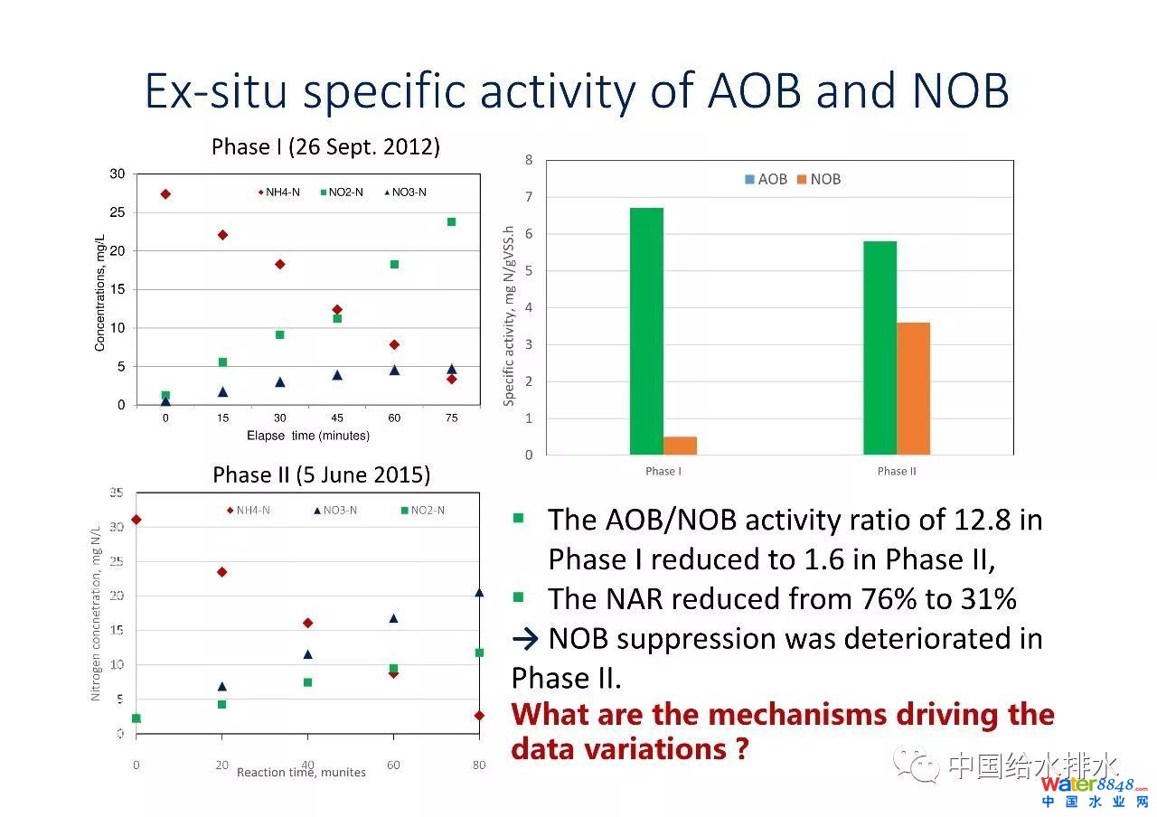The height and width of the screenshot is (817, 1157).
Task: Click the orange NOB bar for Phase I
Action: point(680,446)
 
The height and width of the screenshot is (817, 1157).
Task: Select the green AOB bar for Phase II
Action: point(880,348)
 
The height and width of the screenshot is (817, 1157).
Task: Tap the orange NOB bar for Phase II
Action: point(913,389)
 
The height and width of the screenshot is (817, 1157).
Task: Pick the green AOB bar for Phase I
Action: point(646,331)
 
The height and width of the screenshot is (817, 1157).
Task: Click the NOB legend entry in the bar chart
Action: point(819,179)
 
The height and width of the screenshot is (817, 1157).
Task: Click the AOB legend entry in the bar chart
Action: point(766,179)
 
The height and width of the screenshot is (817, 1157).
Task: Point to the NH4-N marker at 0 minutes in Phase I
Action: point(165,193)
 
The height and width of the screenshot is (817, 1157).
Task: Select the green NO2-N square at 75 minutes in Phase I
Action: point(451,221)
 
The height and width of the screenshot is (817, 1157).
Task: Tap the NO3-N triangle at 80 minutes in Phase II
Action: point(479,593)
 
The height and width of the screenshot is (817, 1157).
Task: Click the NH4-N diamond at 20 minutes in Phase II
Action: point(222,572)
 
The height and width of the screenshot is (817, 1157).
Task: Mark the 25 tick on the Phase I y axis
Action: point(118,212)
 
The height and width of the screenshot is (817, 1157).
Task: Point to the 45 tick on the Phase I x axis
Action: point(337,418)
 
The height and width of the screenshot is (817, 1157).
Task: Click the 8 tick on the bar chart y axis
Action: point(529,160)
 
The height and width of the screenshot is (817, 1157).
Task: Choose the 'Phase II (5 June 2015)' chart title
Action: point(321,474)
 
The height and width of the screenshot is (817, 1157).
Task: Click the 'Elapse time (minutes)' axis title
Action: point(308,436)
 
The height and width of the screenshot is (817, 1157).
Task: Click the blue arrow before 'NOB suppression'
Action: point(525,639)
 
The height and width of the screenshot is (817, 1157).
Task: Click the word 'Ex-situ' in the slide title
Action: point(214,91)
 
